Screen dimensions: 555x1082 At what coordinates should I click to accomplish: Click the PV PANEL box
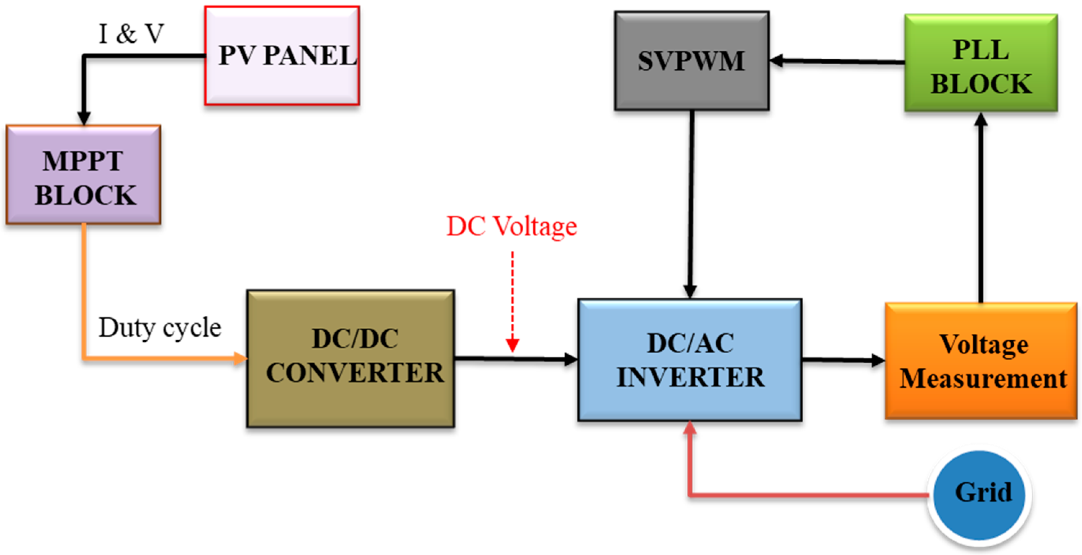click(x=282, y=55)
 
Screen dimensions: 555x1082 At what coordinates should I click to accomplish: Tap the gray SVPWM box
click(x=691, y=61)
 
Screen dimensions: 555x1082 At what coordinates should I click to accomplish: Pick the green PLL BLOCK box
click(x=980, y=63)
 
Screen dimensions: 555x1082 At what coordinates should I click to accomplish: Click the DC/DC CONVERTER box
click(x=351, y=359)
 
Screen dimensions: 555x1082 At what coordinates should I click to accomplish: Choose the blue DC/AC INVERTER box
click(x=690, y=360)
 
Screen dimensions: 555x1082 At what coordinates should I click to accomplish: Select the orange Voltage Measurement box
click(x=980, y=361)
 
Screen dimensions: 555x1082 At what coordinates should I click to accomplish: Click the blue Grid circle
click(x=979, y=495)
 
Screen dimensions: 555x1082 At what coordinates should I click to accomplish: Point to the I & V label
click(x=131, y=33)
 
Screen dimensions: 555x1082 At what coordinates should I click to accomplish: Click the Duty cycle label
click(x=159, y=327)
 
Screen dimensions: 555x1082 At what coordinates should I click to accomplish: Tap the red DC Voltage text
click(x=511, y=226)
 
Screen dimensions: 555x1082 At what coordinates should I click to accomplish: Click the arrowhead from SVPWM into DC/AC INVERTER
click(x=690, y=291)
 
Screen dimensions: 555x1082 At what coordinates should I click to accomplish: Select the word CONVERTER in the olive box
click(x=355, y=373)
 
